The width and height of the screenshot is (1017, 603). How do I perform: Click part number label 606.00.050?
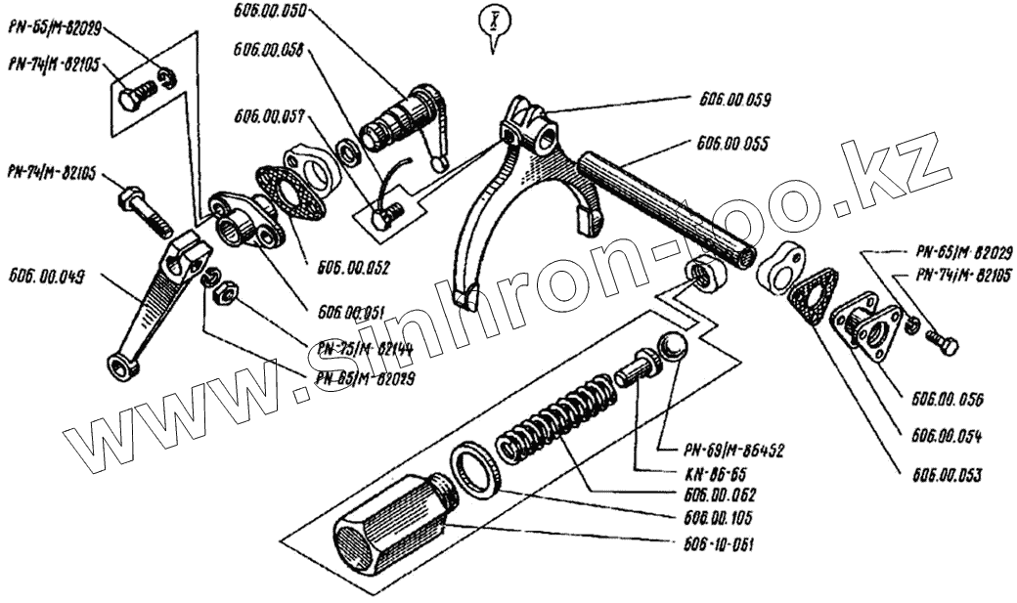270,12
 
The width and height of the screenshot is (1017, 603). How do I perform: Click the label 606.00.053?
948,475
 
